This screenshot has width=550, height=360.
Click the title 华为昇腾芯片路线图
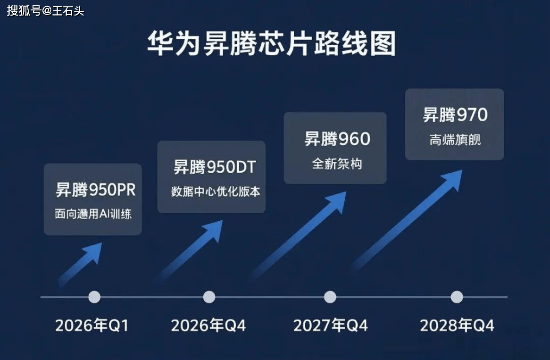pyautogui.click(x=271, y=44)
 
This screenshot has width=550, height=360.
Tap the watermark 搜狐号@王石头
pyautogui.click(x=45, y=10)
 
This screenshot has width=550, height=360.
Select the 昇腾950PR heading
pyautogui.click(x=96, y=190)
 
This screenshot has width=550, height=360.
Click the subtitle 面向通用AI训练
pyautogui.click(x=93, y=214)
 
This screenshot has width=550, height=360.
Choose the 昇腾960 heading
pyautogui.click(x=337, y=139)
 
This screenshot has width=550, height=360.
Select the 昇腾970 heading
pyautogui.click(x=455, y=115)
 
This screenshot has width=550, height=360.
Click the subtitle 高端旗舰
pyautogui.click(x=455, y=140)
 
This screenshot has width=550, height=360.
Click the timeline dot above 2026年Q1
pyautogui.click(x=94, y=297)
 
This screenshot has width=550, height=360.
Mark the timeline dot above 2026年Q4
pyautogui.click(x=209, y=297)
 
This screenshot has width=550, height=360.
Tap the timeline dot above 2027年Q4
pyautogui.click(x=330, y=297)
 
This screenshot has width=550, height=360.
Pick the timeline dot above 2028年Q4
pyautogui.click(x=457, y=297)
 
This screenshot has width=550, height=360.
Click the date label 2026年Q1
pyautogui.click(x=92, y=326)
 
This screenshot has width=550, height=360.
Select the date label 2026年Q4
pyautogui.click(x=208, y=326)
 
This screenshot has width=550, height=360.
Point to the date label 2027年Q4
pyautogui.click(x=330, y=326)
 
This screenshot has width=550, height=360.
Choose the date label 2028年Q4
pyautogui.click(x=457, y=326)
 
